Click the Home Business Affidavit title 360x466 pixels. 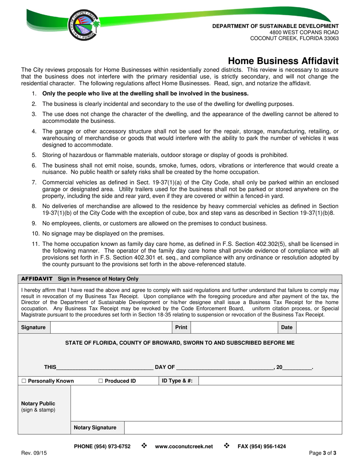tap(283, 61)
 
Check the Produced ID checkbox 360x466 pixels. tap(101, 381)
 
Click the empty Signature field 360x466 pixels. tap(111, 327)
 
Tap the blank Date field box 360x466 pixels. tap(319, 327)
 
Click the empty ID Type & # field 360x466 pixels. tap(270, 381)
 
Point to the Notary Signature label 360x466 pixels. tap(95, 427)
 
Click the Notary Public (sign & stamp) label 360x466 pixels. tap(38, 407)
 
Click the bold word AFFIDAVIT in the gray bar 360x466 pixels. tap(37, 279)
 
